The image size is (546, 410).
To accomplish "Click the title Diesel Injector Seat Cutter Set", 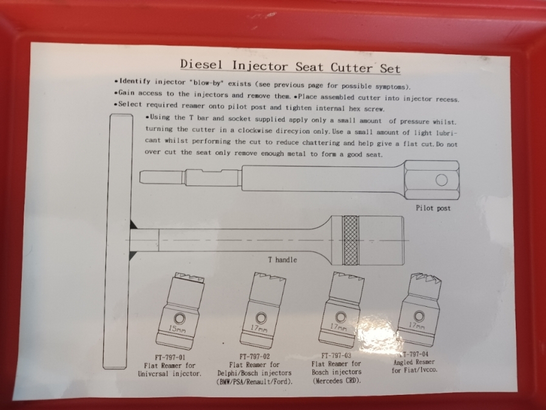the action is click(x=290, y=66).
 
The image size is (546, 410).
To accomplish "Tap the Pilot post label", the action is click(x=433, y=208).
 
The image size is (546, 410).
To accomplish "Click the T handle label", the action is click(x=282, y=260).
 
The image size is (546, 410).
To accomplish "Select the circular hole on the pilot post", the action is click(x=442, y=180).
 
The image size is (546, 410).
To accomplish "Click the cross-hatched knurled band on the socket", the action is click(x=350, y=240).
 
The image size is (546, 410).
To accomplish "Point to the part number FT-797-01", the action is click(x=170, y=357).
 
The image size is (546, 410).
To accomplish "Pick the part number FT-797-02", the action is click(x=255, y=357).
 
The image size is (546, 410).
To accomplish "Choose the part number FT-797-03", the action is click(x=336, y=355).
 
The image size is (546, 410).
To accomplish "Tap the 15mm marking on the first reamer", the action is click(x=177, y=329).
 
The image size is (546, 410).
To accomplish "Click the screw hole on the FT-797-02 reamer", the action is click(x=261, y=318).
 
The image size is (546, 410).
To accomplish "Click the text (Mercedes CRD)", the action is click(x=336, y=380).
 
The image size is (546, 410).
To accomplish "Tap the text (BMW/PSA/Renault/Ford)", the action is click(x=255, y=381).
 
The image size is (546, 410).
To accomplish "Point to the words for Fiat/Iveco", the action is click(x=414, y=371).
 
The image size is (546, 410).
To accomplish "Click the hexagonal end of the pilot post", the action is click(x=432, y=180).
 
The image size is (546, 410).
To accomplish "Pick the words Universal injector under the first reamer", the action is click(x=170, y=374).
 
